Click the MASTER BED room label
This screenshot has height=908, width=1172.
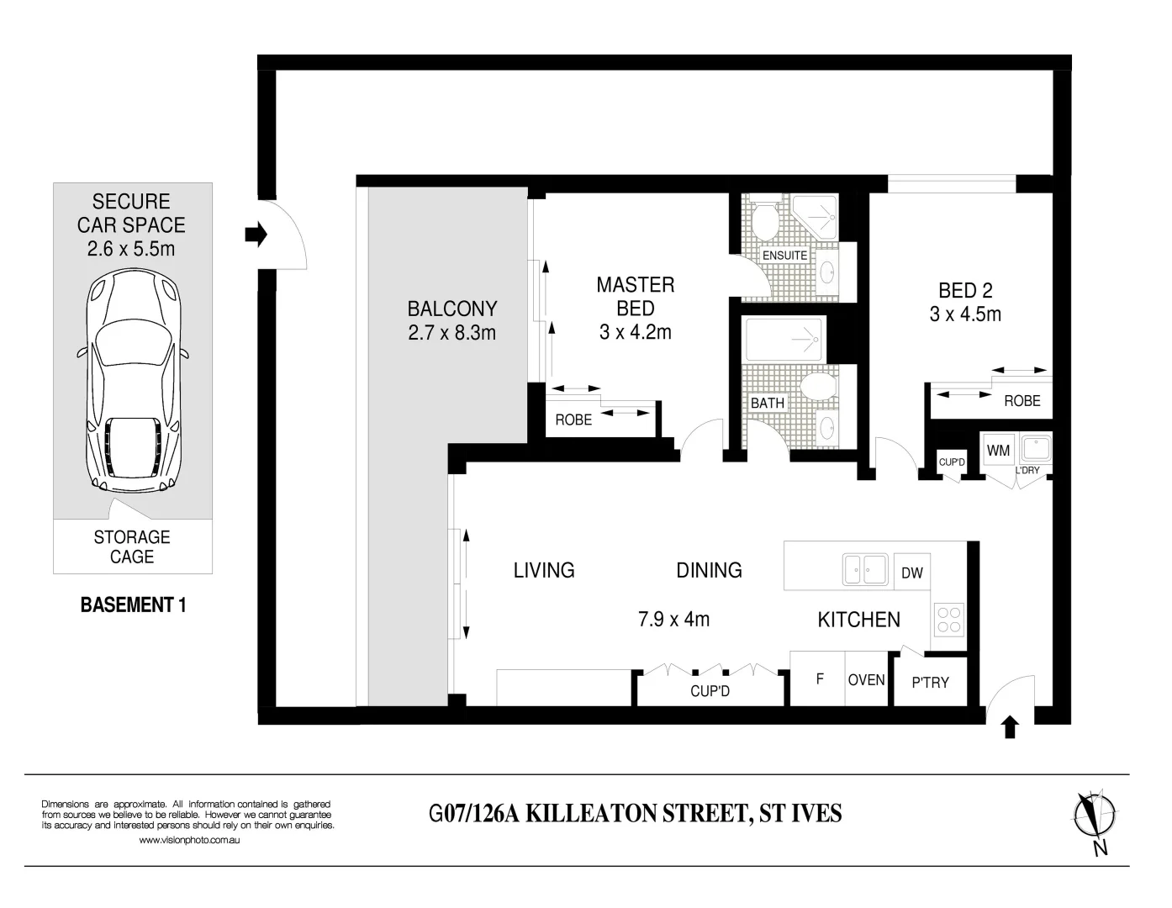[635, 296]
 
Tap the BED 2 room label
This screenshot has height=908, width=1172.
[965, 291]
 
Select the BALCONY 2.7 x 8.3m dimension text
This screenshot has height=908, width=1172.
[451, 333]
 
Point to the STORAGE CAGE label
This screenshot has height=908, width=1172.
[132, 546]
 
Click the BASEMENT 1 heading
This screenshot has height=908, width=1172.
[132, 604]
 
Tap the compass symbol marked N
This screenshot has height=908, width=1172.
[1095, 816]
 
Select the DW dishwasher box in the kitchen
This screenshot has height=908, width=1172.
[911, 573]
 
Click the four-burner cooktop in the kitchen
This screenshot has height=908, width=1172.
[949, 620]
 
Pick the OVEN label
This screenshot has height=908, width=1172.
[866, 679]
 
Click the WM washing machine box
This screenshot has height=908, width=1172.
[998, 450]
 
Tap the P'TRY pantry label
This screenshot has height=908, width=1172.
[930, 683]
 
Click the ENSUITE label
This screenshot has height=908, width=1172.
[784, 255]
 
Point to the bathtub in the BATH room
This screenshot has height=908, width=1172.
[784, 340]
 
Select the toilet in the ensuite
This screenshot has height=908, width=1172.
[764, 220]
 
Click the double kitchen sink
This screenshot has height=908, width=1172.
[865, 569]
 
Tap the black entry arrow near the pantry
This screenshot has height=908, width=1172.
[1010, 727]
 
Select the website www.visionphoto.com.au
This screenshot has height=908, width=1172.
[189, 840]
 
